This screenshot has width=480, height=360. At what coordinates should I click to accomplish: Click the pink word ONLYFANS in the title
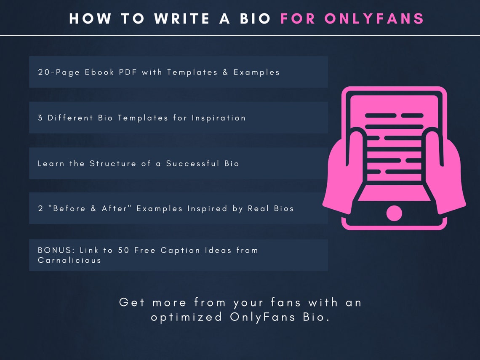tap(374, 19)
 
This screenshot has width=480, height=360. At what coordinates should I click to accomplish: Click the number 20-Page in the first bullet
tap(59, 72)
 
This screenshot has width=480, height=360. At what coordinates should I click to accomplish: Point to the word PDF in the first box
tap(128, 72)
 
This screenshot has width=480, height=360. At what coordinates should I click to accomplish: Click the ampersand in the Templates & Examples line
tap(225, 72)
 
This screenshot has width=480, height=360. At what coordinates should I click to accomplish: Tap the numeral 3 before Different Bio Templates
tap(40, 118)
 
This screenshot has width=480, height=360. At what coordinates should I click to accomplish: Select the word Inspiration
tap(219, 118)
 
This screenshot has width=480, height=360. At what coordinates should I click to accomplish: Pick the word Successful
tap(192, 163)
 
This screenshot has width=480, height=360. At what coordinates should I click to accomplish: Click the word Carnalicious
tap(69, 260)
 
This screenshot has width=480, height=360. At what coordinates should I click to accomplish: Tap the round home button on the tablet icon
tap(394, 213)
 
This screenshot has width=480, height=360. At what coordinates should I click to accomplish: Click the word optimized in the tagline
tap(187, 317)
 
